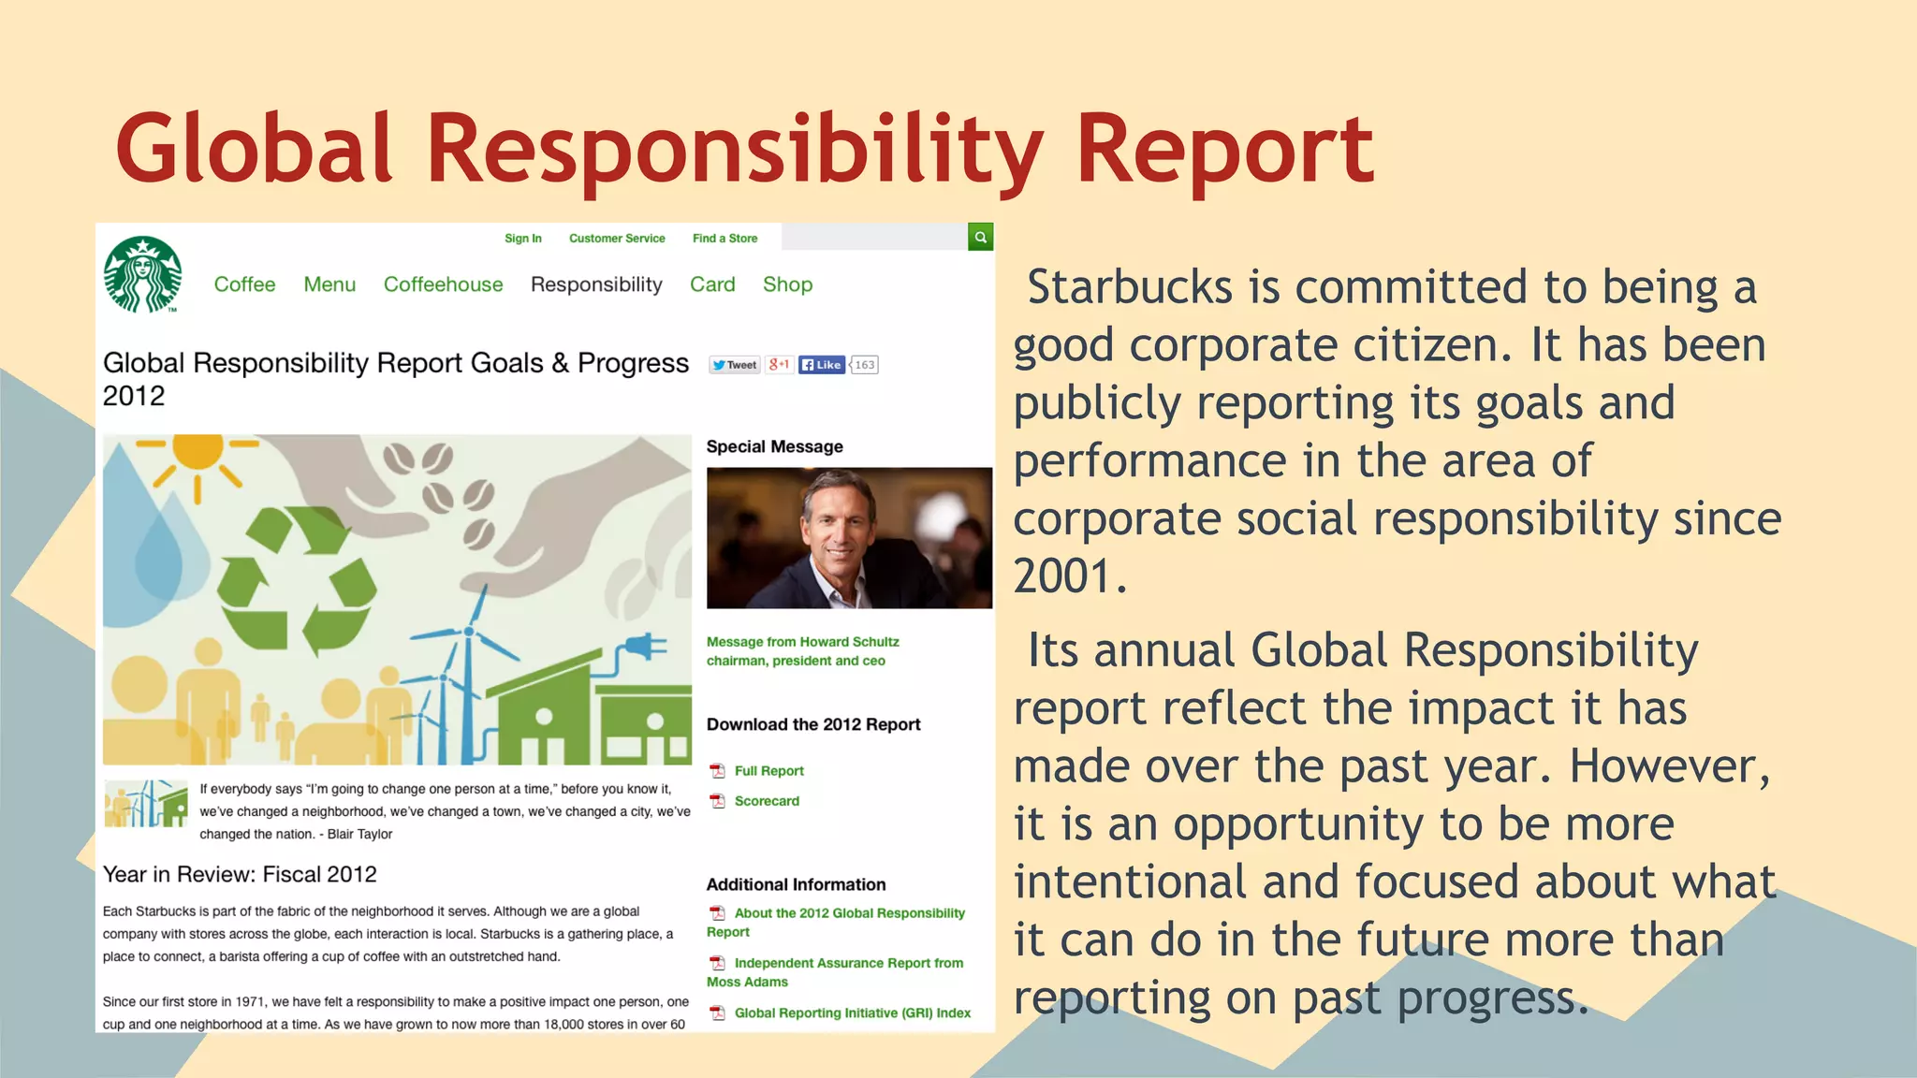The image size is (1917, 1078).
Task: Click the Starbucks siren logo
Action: click(x=142, y=274)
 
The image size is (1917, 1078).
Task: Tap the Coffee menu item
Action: click(x=244, y=284)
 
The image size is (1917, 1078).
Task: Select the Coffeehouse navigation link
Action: click(x=443, y=284)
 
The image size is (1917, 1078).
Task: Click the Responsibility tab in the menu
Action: click(x=596, y=284)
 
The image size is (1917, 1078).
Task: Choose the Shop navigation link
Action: click(x=787, y=284)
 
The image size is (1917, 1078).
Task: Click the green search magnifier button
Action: click(x=980, y=238)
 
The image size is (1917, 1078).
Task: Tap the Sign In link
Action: click(x=522, y=239)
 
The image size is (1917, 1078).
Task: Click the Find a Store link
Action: click(x=724, y=239)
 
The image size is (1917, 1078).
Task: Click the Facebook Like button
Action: click(x=822, y=365)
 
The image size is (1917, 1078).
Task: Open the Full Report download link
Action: click(x=768, y=771)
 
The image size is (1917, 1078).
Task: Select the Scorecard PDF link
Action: click(x=766, y=801)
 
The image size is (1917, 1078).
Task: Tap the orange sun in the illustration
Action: click(x=198, y=452)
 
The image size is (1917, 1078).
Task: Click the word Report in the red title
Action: click(x=1224, y=150)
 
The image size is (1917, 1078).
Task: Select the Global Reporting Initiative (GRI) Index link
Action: click(x=852, y=1013)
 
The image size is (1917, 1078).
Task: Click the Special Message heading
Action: click(x=774, y=447)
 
